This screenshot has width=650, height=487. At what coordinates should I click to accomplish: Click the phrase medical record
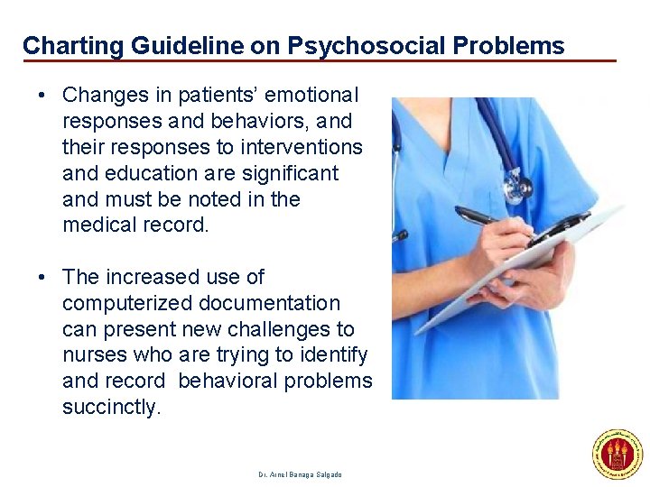click(x=135, y=225)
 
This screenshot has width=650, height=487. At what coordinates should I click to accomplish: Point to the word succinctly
click(x=111, y=408)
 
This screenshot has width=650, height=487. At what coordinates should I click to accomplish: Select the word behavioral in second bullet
click(x=228, y=381)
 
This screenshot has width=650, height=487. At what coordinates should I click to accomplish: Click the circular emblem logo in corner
click(x=617, y=454)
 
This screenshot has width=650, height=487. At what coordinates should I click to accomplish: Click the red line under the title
click(x=320, y=61)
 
